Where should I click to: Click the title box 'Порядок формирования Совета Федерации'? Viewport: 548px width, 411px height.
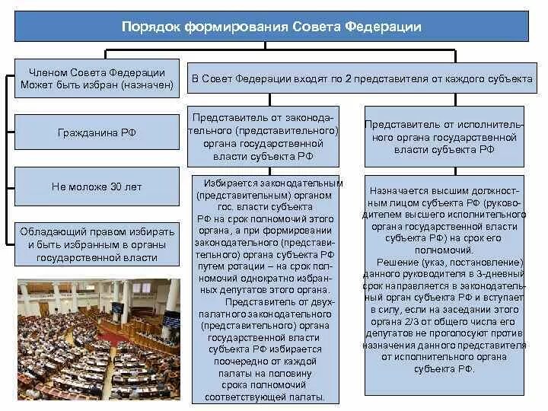click(x=272, y=27)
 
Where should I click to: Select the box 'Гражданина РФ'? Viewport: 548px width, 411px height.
click(x=97, y=132)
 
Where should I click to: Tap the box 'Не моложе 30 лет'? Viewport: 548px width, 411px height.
click(x=97, y=186)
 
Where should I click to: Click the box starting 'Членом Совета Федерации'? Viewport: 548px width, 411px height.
click(x=97, y=78)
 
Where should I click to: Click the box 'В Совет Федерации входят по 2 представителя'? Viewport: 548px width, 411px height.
click(x=362, y=79)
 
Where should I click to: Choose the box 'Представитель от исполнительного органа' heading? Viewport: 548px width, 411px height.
click(x=444, y=137)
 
